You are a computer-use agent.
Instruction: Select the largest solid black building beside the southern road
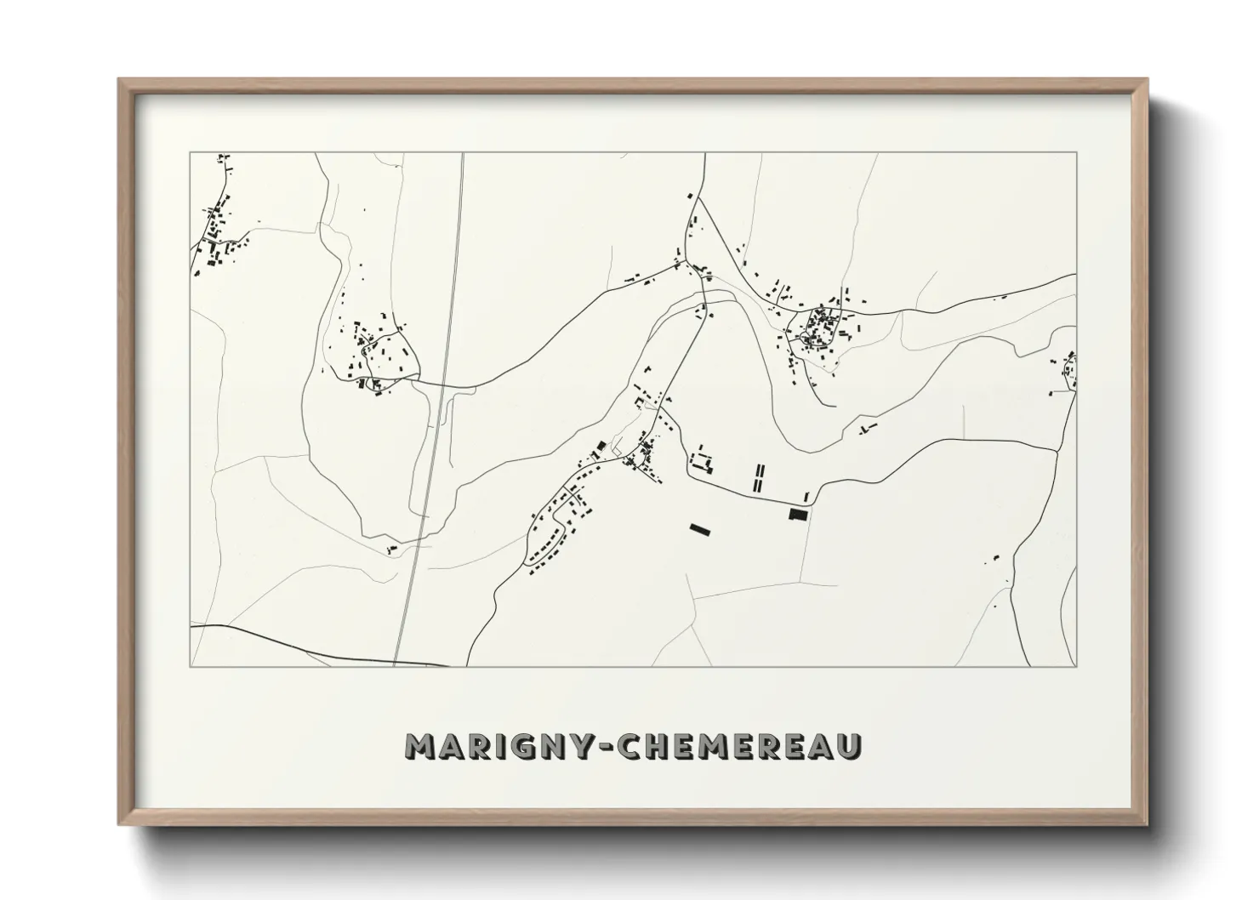pos(797,513)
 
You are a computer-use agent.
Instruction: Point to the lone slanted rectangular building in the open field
pos(699,530)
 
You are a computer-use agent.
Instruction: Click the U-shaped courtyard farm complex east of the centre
pos(703,463)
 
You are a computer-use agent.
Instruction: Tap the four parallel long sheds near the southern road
pos(759,478)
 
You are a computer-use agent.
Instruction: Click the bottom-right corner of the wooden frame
pos(1147,824)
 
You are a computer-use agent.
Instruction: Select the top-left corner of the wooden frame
pos(119,80)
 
